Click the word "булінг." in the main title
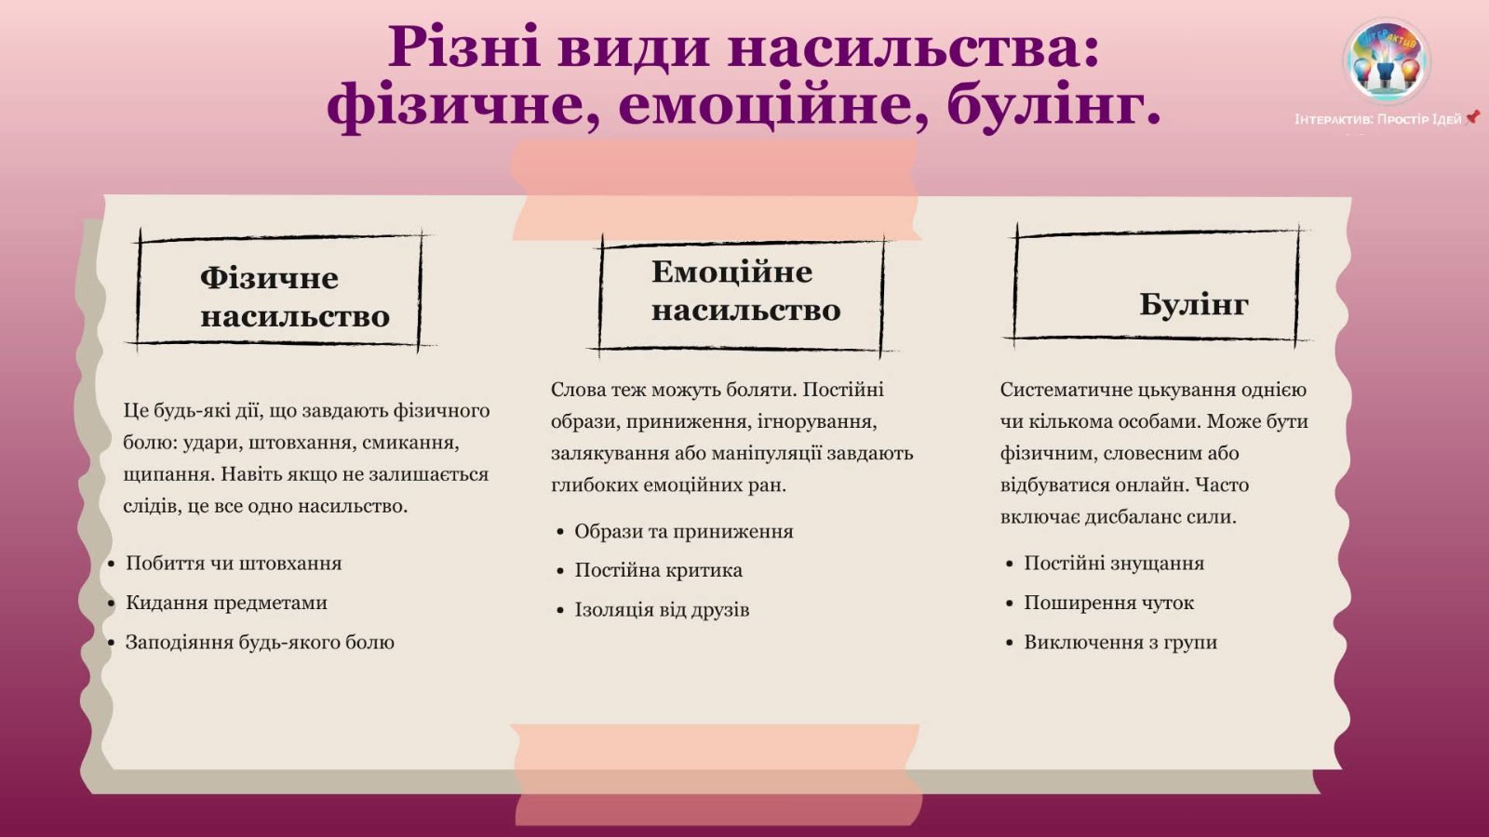tap(1054, 105)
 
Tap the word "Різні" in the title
tap(464, 46)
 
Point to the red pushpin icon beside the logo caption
tap(1472, 117)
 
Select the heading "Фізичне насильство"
tap(295, 297)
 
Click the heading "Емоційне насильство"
tap(745, 290)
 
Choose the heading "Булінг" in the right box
tap(1194, 304)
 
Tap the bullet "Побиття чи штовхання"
tap(234, 564)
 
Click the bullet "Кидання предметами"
tap(226, 603)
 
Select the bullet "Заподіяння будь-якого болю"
tap(260, 643)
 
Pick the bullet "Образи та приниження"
tap(684, 531)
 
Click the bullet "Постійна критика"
tap(658, 570)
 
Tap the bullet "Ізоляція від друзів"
tap(662, 610)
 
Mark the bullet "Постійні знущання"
tap(1113, 564)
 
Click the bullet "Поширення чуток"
tap(1108, 603)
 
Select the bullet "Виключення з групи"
tap(1120, 643)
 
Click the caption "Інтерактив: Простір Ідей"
tap(1377, 120)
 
